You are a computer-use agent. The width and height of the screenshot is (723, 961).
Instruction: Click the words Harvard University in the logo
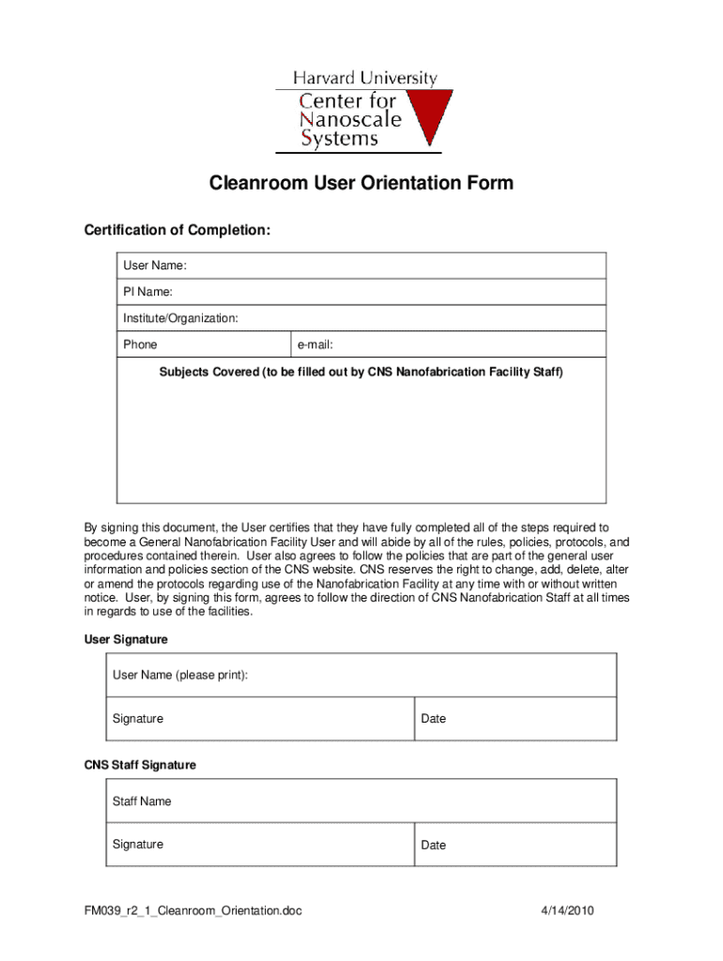pos(364,79)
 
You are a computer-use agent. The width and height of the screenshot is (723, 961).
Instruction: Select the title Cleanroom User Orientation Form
pos(361,183)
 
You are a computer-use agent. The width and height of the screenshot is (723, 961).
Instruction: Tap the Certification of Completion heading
pos(177,231)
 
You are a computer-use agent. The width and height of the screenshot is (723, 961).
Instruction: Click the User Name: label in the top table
pos(154,266)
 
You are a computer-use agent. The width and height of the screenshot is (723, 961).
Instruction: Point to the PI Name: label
pos(147,292)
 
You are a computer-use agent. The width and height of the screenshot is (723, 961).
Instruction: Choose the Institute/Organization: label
pos(180,318)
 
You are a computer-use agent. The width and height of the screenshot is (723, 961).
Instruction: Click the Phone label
pos(140,344)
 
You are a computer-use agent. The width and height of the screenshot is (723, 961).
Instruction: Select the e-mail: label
pos(315,344)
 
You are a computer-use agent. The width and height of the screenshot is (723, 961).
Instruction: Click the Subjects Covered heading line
pos(361,373)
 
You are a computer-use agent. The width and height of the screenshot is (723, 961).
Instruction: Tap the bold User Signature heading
pos(126,639)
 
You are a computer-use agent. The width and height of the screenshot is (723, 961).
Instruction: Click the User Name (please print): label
pos(180,675)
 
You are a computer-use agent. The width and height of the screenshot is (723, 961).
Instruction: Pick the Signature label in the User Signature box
pos(137,719)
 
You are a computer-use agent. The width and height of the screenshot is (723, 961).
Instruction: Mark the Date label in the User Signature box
pos(434,719)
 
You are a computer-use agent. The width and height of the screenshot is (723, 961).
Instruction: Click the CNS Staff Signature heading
pos(140,765)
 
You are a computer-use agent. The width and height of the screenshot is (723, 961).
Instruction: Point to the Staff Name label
pos(142,801)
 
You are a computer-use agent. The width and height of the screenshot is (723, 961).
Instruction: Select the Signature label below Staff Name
pos(137,845)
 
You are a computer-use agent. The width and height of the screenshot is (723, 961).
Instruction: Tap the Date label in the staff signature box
pos(434,846)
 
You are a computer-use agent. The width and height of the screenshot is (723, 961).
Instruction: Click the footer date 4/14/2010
pos(567,910)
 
